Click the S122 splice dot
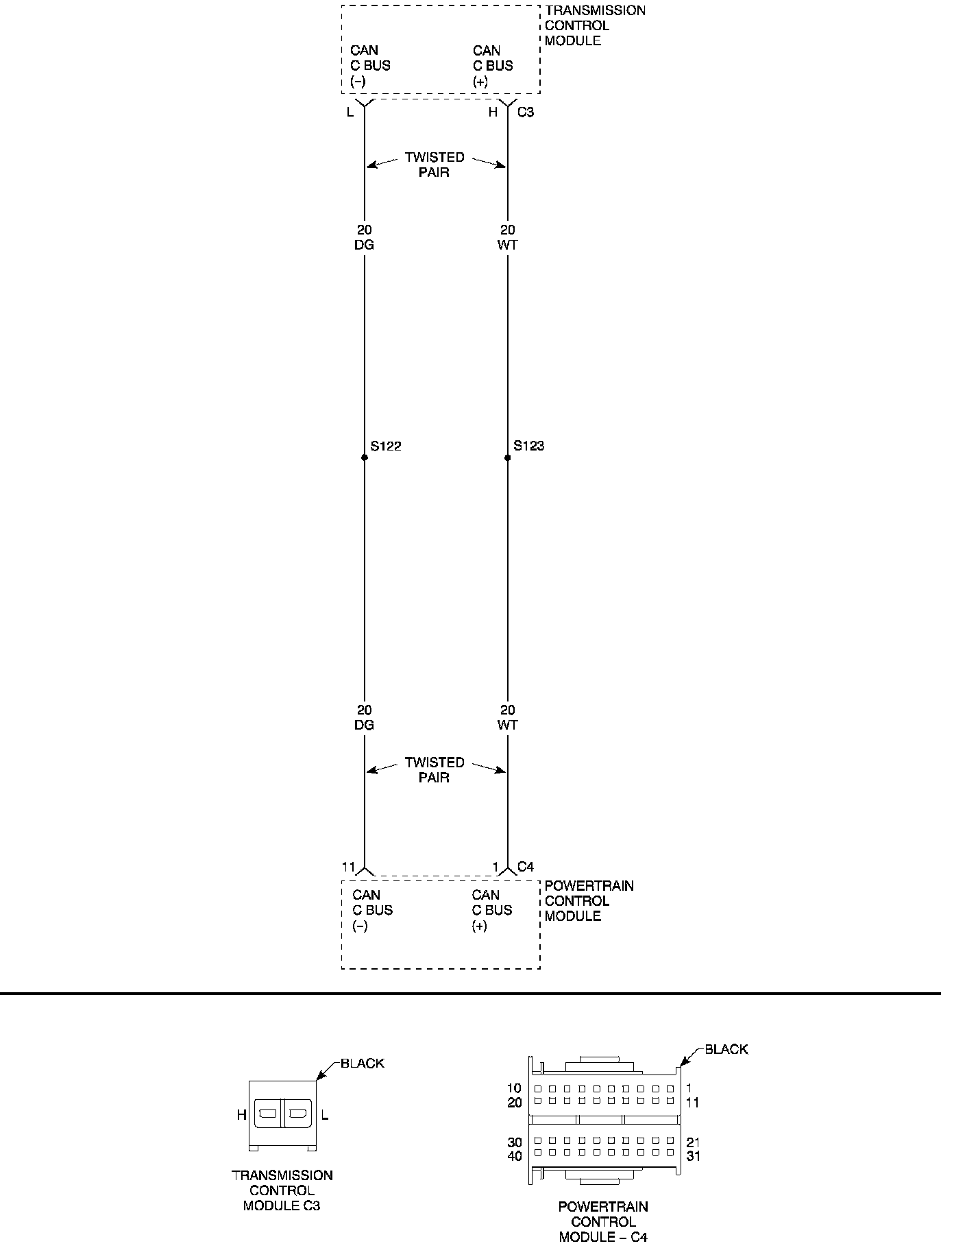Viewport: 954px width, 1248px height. pos(365,457)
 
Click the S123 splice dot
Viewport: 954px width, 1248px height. pos(508,457)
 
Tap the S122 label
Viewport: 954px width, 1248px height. pos(386,446)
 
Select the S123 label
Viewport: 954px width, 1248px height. pos(529,446)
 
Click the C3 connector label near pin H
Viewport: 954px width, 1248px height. pos(526,112)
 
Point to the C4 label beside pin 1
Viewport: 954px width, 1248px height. pos(526,867)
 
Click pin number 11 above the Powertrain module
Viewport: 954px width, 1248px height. pos(348,867)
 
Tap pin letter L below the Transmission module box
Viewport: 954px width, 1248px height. pos(350,112)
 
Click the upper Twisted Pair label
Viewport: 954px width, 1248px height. pos(435,165)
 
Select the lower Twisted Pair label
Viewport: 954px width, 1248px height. pos(435,770)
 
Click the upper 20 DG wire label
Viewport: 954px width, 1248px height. pos(365,237)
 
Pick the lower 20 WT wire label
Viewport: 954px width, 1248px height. pos(508,717)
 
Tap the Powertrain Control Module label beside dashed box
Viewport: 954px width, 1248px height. pos(589,901)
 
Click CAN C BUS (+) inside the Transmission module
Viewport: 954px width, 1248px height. pos(493,66)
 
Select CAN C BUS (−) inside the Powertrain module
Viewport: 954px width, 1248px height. pos(372,910)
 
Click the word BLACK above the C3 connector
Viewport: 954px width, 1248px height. pos(363,1064)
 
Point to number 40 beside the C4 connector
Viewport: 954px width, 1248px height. pos(514,1156)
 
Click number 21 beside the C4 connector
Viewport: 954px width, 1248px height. pos(694,1142)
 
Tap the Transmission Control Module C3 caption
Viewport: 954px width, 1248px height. pos(282,1190)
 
